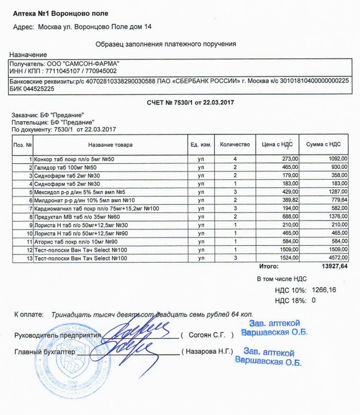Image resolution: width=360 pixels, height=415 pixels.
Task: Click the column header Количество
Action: (235, 144)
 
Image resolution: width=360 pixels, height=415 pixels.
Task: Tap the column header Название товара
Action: (110, 145)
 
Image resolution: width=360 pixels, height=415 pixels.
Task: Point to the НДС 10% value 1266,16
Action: (326, 289)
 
